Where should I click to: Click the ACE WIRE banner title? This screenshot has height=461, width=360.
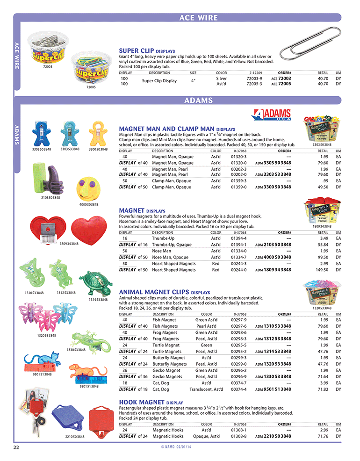[x=198, y=18]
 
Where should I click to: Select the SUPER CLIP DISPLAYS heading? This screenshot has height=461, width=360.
[x=147, y=50]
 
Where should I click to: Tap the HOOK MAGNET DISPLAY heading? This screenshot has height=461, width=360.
[x=151, y=402]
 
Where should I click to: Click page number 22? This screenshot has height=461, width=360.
[x=16, y=447]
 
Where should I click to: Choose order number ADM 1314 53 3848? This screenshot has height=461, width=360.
[x=273, y=352]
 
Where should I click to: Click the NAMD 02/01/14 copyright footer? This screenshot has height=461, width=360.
[x=180, y=447]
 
